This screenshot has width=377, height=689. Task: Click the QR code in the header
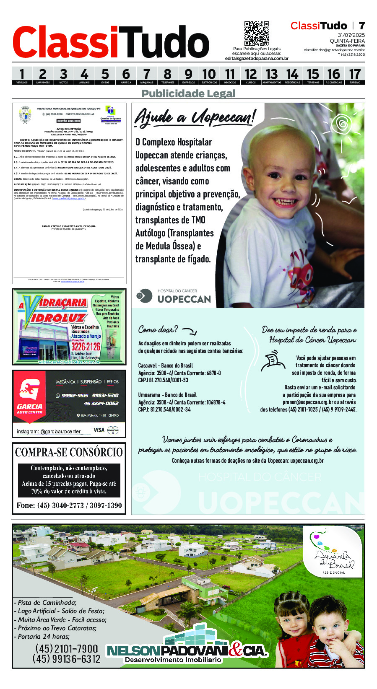pos(256,34)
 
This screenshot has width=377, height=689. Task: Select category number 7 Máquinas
pos(146,76)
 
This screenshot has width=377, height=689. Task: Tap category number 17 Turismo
pos(354,76)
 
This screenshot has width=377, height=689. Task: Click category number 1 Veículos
pos(22,76)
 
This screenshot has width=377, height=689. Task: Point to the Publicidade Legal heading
pos(188,93)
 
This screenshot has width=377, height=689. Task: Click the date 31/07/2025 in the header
pos(351,35)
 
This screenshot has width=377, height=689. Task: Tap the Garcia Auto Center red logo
pos(30,396)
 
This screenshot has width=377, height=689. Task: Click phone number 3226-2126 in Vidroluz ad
pos(86,347)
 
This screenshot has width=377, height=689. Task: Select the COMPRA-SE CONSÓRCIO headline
pos(69,452)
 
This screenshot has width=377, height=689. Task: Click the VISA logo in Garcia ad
pos(99,430)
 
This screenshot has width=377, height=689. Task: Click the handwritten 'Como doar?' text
pos(158,329)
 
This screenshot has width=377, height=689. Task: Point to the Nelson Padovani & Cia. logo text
pos(187,651)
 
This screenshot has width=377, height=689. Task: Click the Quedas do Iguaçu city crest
pos(25,114)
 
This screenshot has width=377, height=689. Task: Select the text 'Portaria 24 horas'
pos(42,636)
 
